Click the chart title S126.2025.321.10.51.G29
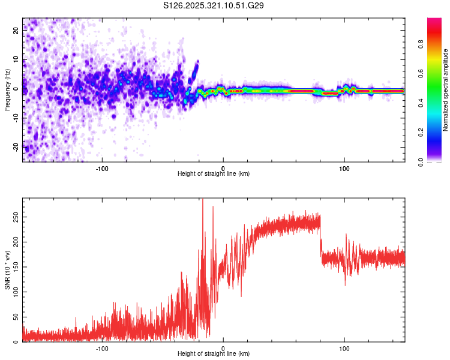click(x=214, y=5)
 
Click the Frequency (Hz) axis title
click(x=7, y=89)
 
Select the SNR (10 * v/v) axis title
click(x=7, y=269)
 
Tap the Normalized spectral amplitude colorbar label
click(x=446, y=89)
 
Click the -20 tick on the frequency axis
click(x=15, y=146)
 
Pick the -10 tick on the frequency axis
click(x=15, y=118)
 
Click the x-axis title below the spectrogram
click(x=214, y=174)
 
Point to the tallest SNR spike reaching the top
click(x=203, y=200)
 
